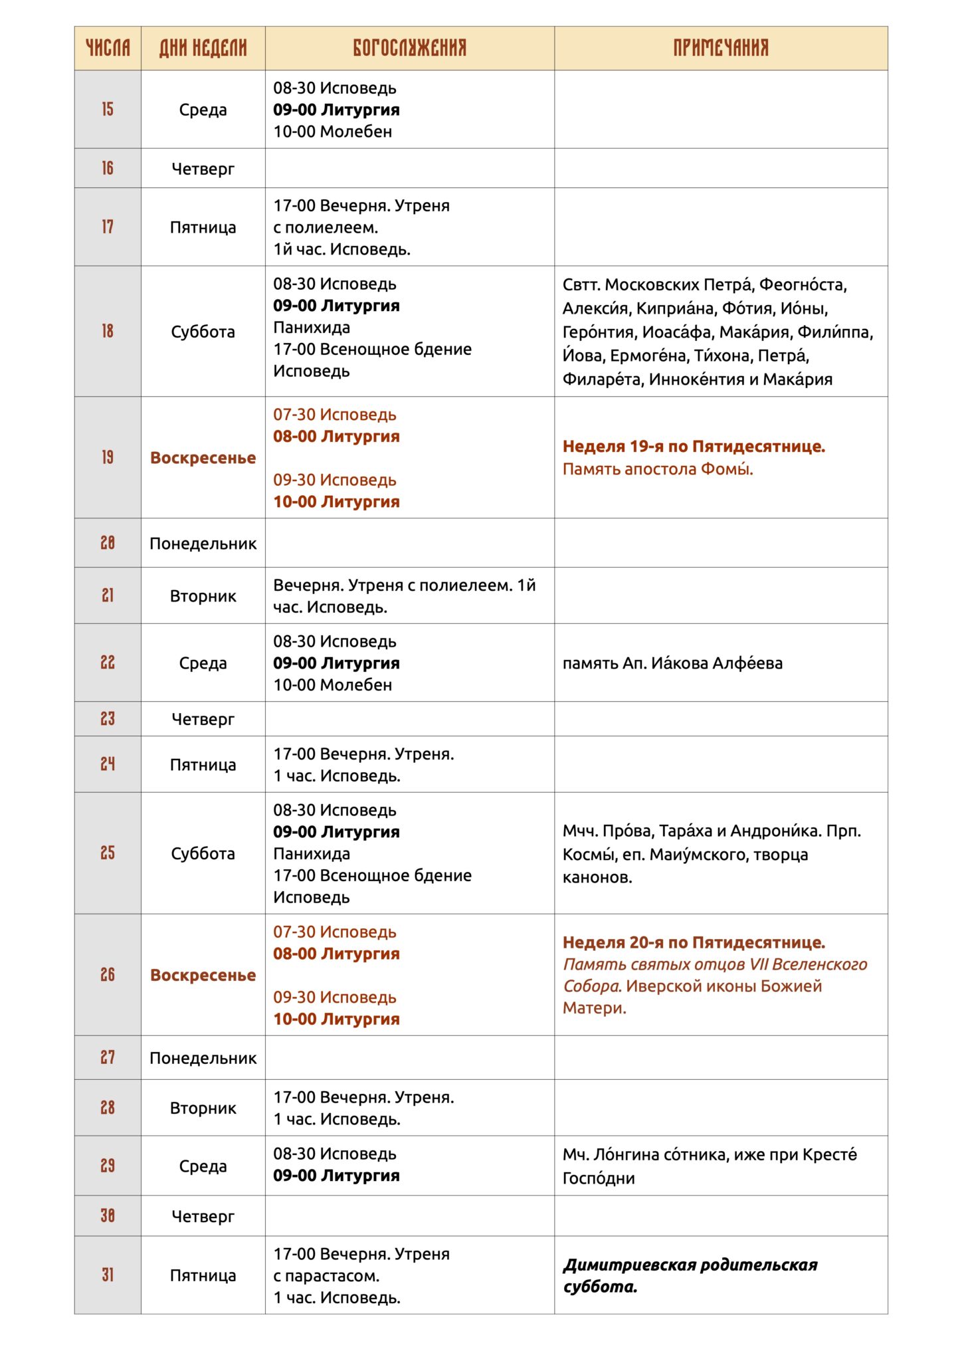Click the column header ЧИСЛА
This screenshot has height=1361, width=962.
[x=108, y=48]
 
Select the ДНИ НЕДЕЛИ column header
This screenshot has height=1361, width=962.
[x=203, y=48]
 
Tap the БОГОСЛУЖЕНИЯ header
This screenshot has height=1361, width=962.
[x=409, y=48]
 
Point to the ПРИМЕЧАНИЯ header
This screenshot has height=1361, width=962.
[x=721, y=48]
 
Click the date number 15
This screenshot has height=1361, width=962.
[x=108, y=110]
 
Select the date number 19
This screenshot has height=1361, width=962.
[x=108, y=457]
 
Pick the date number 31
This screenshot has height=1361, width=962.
[x=108, y=1275]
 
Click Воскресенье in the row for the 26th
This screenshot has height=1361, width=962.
[x=203, y=975]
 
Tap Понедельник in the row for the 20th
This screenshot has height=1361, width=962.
[x=203, y=544]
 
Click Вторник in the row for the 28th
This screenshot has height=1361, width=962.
[x=203, y=1108]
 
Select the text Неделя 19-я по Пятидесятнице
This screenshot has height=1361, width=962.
[x=694, y=447]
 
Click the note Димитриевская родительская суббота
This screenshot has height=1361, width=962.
[x=690, y=1275]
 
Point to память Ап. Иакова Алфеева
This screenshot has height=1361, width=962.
[x=672, y=663]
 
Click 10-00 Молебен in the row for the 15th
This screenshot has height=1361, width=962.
[x=332, y=132]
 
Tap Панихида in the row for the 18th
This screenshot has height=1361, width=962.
[x=312, y=328]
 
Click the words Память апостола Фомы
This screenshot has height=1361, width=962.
[x=658, y=469]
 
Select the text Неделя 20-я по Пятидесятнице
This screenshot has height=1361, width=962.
[x=694, y=942]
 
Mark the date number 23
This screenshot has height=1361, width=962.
[x=108, y=719]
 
